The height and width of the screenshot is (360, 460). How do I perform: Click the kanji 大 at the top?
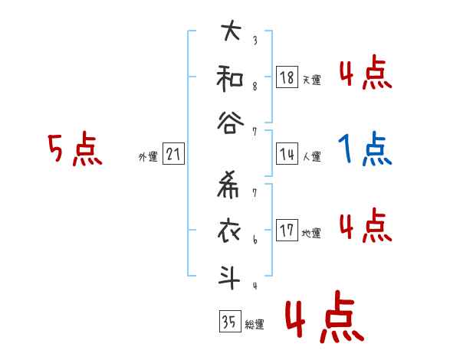(231, 34)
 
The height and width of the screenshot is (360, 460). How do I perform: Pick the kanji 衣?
(231, 231)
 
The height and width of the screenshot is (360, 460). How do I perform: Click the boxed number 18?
(287, 77)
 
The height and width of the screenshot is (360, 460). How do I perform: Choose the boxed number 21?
(173, 155)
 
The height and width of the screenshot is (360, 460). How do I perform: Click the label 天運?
(311, 80)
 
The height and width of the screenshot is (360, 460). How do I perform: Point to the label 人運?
(311, 156)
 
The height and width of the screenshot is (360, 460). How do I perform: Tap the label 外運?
(148, 157)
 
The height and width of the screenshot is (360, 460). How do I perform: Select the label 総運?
(255, 324)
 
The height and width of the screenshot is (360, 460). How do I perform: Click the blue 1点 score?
(365, 149)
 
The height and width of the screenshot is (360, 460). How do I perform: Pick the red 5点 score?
(74, 149)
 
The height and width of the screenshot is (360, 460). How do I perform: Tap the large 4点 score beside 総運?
(324, 320)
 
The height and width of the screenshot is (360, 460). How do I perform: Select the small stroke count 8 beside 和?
(254, 86)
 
